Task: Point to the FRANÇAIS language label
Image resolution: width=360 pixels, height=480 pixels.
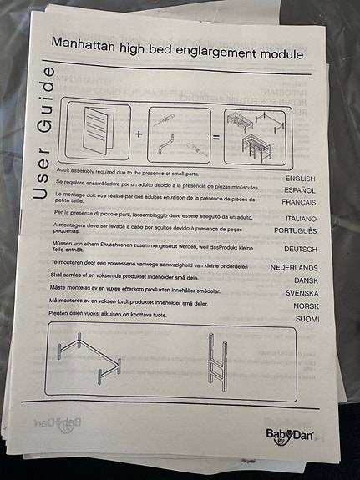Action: coord(299,203)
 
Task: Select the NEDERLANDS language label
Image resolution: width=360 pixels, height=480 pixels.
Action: coord(294,268)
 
